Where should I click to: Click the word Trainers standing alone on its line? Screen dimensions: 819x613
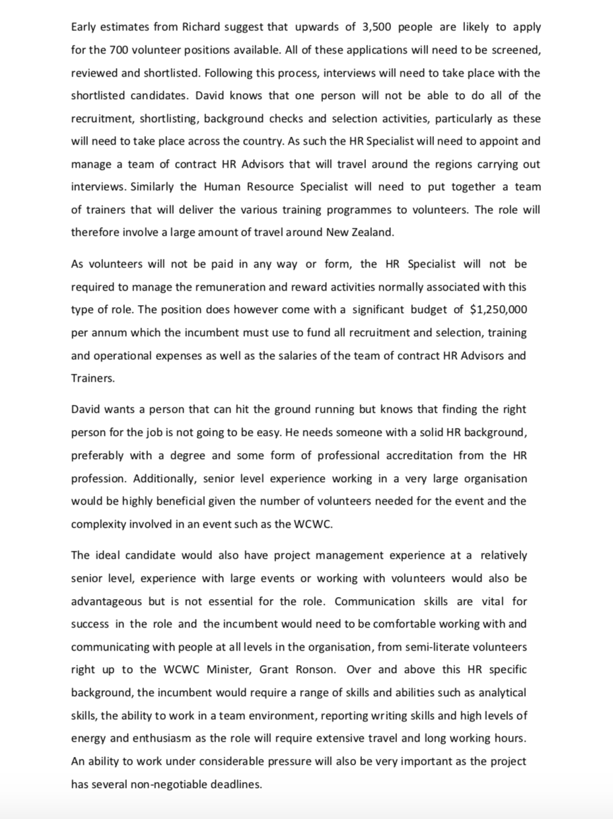(92, 378)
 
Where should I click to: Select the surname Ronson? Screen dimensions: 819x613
(314, 670)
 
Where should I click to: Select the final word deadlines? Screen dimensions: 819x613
(236, 784)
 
